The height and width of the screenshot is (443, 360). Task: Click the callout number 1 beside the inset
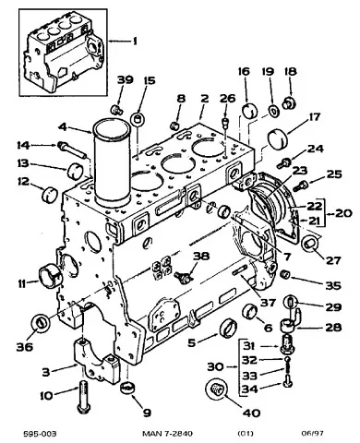pos(135,41)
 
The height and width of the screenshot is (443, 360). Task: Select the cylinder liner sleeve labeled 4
pos(112,162)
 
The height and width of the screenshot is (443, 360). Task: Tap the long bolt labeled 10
pos(83,397)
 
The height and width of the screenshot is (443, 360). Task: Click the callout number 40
pos(251,413)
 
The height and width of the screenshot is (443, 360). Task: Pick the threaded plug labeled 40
pos(216,389)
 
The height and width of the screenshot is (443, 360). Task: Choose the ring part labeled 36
pos(41,325)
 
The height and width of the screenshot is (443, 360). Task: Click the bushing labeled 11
pos(50,274)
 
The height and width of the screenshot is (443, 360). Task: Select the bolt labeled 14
pos(71,150)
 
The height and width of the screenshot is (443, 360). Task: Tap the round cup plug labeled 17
pos(279,140)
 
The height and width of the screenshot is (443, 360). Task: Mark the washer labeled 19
pos(273,110)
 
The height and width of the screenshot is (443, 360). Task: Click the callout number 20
pos(342,213)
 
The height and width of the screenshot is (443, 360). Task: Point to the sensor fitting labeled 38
pos(184,275)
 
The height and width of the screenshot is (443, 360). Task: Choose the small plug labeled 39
pos(116,110)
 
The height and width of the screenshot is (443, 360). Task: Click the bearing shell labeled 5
pos(229,329)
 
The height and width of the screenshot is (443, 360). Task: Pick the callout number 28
pos(332,328)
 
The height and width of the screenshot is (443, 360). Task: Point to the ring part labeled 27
pos(309,245)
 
